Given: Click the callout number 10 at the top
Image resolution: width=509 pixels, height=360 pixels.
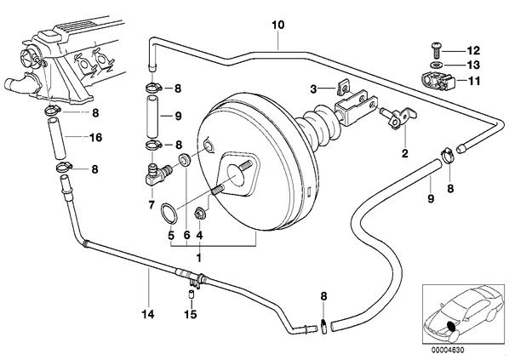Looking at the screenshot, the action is (x=277, y=25).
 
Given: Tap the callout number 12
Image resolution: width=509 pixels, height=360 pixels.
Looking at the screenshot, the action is (x=473, y=51).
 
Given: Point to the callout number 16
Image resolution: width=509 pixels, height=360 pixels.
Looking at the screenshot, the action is (x=96, y=137).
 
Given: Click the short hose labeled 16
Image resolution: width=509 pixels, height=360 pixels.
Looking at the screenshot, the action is (x=56, y=139).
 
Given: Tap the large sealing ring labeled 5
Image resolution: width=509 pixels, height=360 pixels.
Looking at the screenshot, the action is (x=169, y=213).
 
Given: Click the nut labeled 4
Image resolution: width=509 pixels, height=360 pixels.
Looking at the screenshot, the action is (x=198, y=214).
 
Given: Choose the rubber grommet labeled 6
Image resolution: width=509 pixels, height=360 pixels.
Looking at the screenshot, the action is (x=186, y=160).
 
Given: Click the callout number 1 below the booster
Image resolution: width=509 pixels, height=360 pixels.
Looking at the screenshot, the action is (x=198, y=258).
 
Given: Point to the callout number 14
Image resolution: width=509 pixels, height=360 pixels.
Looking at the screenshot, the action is (x=148, y=314).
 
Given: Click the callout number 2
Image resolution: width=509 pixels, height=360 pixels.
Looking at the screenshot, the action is (x=405, y=153).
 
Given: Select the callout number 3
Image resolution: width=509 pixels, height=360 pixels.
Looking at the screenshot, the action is (x=313, y=89).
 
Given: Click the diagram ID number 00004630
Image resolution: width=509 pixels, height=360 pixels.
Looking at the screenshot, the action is (x=448, y=350).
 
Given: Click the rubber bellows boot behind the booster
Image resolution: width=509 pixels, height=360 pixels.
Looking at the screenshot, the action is (x=317, y=128).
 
